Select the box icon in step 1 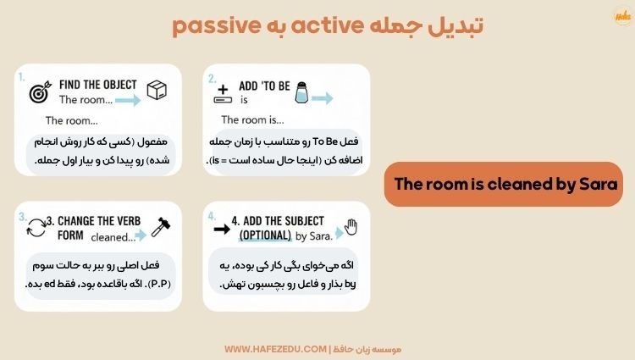157,91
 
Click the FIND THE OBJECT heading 98,84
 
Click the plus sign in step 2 224,88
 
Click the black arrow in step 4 222,228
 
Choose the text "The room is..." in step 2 251,120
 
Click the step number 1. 21,76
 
